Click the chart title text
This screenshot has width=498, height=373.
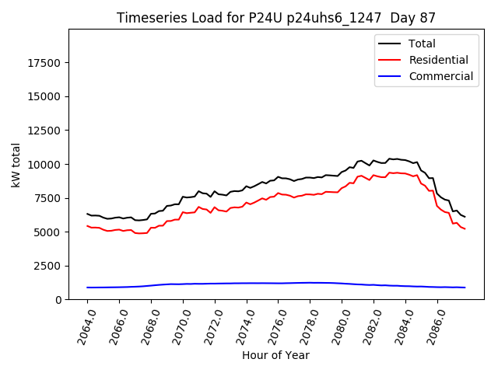pyautogui.click(x=276, y=18)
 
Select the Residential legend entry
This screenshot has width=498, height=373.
pyautogui.click(x=438, y=60)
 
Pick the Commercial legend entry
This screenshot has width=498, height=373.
pyautogui.click(x=440, y=76)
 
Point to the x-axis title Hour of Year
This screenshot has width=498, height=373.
pyautogui.click(x=275, y=355)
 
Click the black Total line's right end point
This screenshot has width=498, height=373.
pyautogui.click(x=465, y=217)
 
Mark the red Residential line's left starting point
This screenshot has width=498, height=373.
pyautogui.click(x=87, y=226)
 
